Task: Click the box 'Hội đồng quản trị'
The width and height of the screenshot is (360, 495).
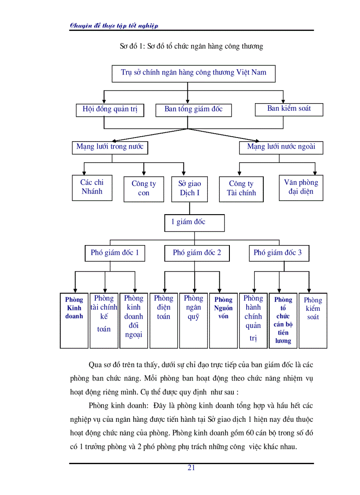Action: click(110, 109)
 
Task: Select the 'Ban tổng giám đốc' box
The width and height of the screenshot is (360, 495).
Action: click(193, 109)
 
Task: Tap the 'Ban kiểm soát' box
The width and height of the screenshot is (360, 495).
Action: click(289, 108)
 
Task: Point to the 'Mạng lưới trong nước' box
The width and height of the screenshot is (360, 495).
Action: click(110, 147)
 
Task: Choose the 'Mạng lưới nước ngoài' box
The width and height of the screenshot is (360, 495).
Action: click(281, 147)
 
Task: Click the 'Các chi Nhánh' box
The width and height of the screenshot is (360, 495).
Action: click(92, 187)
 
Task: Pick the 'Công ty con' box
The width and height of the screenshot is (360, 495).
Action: click(144, 189)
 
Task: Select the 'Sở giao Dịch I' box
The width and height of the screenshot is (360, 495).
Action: click(190, 189)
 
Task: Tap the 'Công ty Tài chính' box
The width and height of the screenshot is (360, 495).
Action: click(241, 189)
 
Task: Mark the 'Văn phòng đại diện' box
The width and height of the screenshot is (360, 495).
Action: click(300, 187)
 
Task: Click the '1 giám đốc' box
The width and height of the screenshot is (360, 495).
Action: click(194, 222)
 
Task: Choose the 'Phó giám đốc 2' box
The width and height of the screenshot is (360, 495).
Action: click(197, 253)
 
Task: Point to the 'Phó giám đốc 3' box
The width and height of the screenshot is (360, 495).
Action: click(278, 253)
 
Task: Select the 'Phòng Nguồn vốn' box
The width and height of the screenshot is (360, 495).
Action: click(223, 320)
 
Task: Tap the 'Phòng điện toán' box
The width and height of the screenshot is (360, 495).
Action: click(164, 320)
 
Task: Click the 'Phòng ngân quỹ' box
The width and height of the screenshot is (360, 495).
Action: click(193, 320)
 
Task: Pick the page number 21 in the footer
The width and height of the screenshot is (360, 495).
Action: click(191, 468)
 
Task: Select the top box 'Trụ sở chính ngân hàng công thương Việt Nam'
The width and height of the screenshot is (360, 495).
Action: click(193, 73)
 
